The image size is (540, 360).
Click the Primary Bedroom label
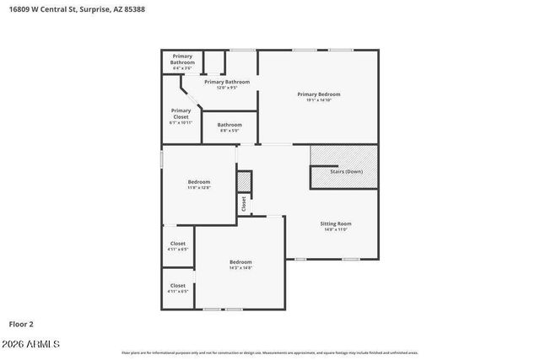[x=318, y=94]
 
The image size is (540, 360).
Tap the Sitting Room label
[x=334, y=223]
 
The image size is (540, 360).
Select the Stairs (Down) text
[x=346, y=171]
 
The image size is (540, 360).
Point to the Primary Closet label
[x=181, y=113]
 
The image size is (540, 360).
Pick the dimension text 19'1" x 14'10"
[x=318, y=100]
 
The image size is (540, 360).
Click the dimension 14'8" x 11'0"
[x=334, y=229]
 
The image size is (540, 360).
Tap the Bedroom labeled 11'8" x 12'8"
[x=199, y=181]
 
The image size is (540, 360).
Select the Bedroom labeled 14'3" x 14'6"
[x=240, y=261]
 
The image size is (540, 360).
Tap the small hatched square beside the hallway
[x=245, y=181]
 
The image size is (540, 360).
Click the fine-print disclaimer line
[x=269, y=352]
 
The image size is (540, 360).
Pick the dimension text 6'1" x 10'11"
[x=181, y=123]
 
